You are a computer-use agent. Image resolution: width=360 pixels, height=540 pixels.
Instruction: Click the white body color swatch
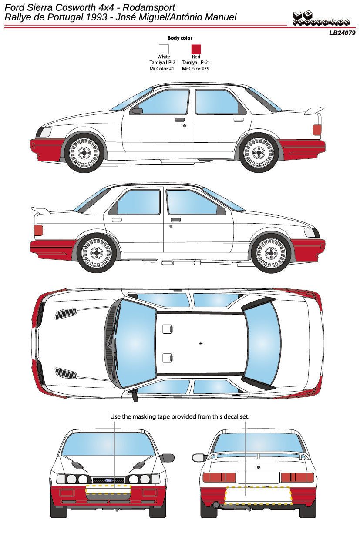click(164, 49)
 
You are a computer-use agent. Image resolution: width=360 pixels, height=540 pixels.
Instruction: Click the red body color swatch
click(196, 49)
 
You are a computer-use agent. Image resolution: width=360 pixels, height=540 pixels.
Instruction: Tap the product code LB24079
click(342, 33)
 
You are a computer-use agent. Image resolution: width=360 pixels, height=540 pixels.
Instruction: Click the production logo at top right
click(321, 19)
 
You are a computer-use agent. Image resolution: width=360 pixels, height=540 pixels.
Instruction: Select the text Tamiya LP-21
click(196, 63)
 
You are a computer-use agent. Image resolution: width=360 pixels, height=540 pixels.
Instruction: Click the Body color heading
click(180, 38)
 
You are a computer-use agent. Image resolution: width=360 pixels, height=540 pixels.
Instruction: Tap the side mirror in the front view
click(168, 458)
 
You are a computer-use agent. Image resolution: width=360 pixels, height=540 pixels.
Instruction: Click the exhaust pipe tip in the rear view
click(215, 505)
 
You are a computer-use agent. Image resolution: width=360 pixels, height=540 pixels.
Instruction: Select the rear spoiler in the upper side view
click(314, 110)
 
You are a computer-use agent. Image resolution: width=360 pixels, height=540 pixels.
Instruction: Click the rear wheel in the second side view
click(97, 253)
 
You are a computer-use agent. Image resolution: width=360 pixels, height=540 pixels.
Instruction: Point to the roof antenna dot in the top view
click(201, 344)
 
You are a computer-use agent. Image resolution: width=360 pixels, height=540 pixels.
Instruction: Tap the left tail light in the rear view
click(218, 477)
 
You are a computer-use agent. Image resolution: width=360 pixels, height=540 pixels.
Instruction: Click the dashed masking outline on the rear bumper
click(258, 496)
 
